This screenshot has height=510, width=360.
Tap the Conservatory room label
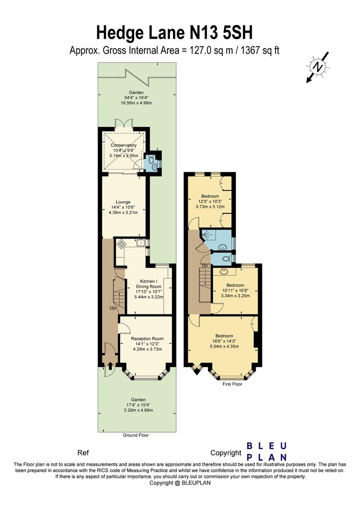point(124,145)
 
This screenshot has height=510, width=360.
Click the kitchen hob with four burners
point(122,244)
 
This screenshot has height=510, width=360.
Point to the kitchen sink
point(140,243)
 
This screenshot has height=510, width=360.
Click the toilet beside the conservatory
point(151,161)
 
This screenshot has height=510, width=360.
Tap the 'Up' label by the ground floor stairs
point(113,308)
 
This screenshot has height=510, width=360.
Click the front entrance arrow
point(110,365)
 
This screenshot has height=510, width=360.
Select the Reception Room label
point(147,339)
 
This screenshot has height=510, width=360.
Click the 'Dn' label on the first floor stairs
point(205,265)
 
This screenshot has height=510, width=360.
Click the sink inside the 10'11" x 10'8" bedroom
point(222,272)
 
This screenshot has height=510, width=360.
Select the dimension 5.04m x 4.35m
point(224,346)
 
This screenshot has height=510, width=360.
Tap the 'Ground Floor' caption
point(135,435)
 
